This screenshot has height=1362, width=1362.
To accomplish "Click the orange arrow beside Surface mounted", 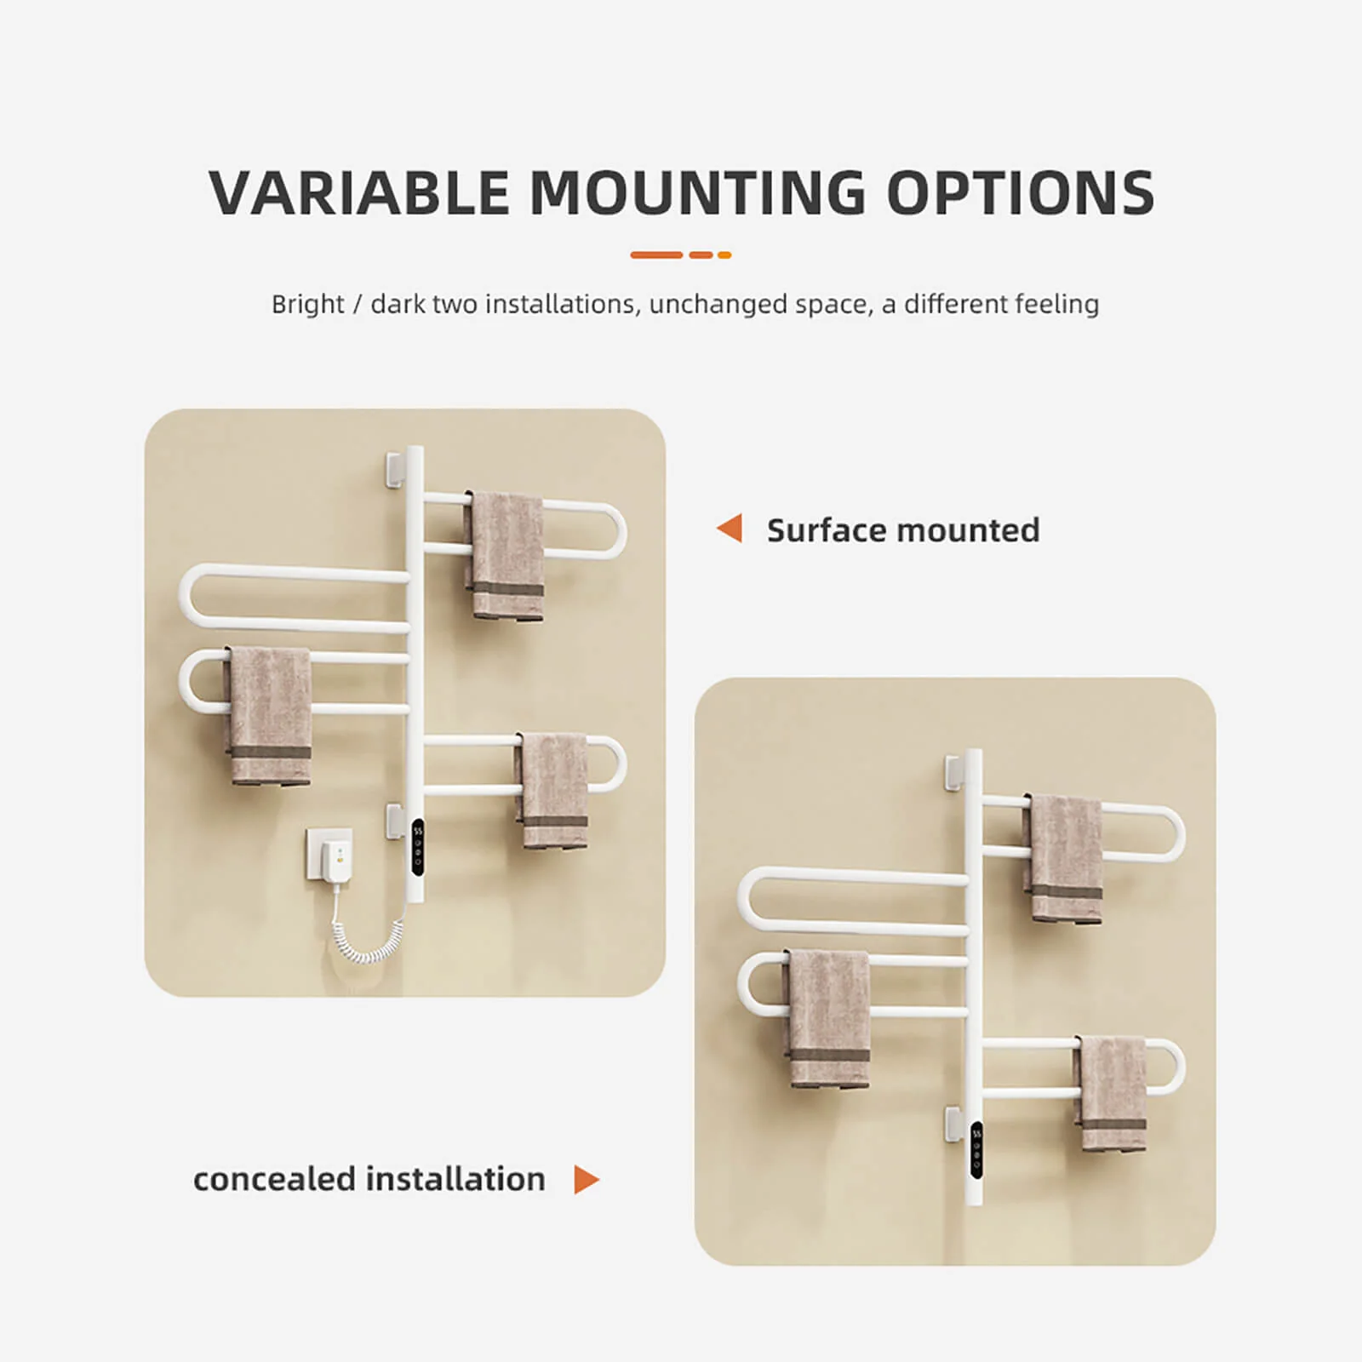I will point(730,529).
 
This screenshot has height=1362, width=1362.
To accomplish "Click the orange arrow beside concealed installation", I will point(587,1180).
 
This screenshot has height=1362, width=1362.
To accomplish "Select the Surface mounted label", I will point(903,530).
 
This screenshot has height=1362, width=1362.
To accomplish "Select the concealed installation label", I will point(369,1180).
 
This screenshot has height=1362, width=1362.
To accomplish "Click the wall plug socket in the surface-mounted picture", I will point(329,855).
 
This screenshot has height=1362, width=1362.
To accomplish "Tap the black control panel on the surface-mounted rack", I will point(418,847).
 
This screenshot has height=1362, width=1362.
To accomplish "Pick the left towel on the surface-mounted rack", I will point(268,715).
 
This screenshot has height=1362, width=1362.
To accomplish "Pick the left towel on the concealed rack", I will point(828,1018).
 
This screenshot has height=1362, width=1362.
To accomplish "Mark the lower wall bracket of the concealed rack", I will point(953,1124).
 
